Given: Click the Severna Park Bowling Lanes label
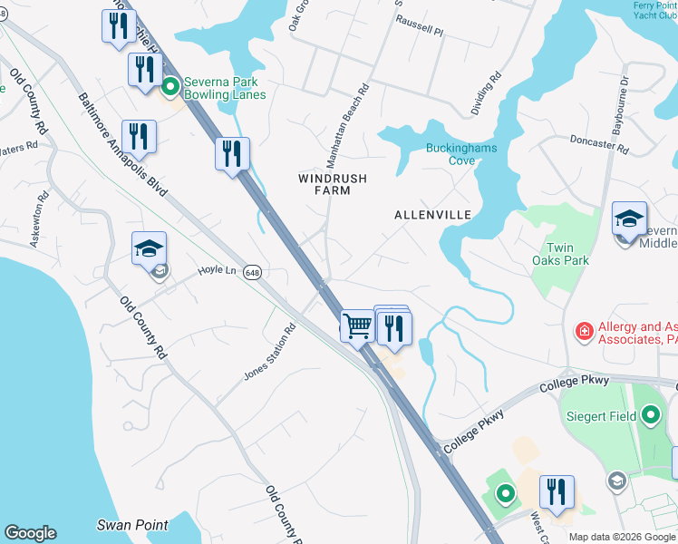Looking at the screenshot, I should (x=225, y=88).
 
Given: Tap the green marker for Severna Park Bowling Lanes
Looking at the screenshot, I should (x=169, y=88).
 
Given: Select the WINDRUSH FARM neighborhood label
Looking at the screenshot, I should (x=333, y=184).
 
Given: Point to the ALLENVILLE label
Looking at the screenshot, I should (x=432, y=215).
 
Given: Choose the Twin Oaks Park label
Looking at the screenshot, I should (x=567, y=254).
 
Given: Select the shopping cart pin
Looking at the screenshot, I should (x=358, y=325).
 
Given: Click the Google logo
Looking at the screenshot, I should (x=30, y=533).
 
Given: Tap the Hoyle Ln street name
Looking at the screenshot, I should (x=218, y=270).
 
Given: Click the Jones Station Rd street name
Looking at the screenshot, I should (x=270, y=353).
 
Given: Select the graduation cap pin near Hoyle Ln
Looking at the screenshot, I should (x=150, y=250).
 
